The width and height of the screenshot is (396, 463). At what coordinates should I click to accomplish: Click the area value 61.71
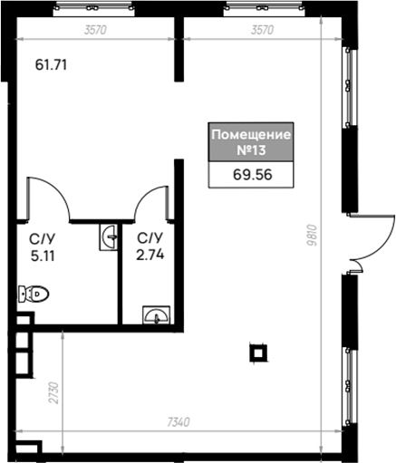[x=51, y=65]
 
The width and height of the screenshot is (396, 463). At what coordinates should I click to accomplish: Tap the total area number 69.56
[x=253, y=175]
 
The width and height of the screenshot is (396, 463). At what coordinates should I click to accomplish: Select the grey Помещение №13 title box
[x=251, y=141]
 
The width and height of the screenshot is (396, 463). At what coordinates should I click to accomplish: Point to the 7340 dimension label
[x=179, y=422]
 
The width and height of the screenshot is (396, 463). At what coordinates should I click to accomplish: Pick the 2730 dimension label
[x=54, y=392]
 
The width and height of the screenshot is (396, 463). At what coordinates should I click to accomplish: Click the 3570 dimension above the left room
[x=95, y=30]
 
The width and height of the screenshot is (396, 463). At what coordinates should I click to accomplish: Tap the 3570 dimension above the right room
[x=262, y=30]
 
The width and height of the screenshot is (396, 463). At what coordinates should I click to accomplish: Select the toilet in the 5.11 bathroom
[x=34, y=294]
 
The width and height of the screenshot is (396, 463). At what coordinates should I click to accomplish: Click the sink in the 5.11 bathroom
[x=109, y=237]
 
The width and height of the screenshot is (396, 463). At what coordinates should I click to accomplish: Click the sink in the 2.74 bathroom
[x=156, y=315]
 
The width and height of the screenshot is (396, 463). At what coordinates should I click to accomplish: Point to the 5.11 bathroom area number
[x=43, y=256]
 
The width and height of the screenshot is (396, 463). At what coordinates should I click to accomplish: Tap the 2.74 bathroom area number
[x=150, y=256]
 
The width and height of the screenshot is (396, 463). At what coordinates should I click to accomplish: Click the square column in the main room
[x=258, y=353]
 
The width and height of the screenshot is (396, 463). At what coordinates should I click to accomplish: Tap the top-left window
[x=93, y=8]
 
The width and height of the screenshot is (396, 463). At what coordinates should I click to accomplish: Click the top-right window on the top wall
[x=264, y=8]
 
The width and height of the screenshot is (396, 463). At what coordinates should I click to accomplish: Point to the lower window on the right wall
[x=350, y=387]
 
